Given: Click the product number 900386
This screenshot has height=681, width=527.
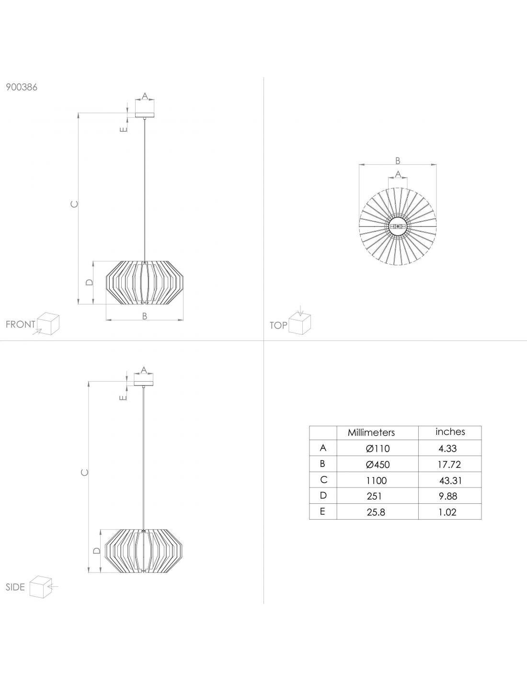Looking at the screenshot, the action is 21,87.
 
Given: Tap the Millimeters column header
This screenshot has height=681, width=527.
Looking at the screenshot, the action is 371,432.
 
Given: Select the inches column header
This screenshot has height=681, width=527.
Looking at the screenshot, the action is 450,431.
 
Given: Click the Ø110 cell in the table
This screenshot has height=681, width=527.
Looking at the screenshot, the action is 378,448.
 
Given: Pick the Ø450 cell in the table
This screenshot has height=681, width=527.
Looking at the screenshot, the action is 378,465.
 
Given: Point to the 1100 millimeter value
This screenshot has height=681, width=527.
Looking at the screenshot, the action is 376,480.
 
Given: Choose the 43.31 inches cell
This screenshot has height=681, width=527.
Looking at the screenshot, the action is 450,480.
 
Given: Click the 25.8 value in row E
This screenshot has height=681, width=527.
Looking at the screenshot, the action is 376,512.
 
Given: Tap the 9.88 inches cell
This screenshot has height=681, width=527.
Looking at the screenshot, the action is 448,496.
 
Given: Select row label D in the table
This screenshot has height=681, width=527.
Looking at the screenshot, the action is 323,496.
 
